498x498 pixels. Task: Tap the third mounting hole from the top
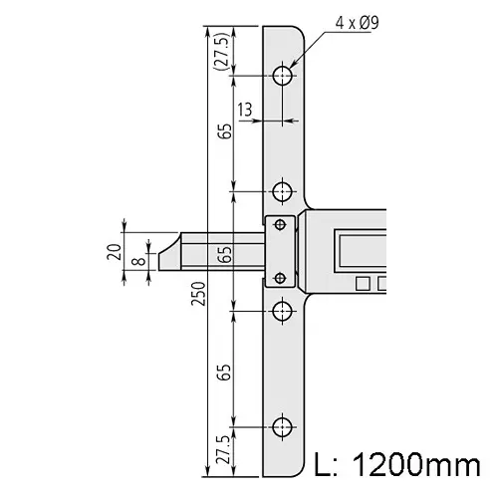point(284,311)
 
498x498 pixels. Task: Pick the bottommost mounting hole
point(284,428)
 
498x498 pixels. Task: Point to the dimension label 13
point(244,108)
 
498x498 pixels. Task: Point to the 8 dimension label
point(137,263)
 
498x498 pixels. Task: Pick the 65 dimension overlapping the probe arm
point(225,253)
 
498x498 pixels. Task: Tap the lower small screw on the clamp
point(280,277)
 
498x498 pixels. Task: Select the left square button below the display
point(362,284)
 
